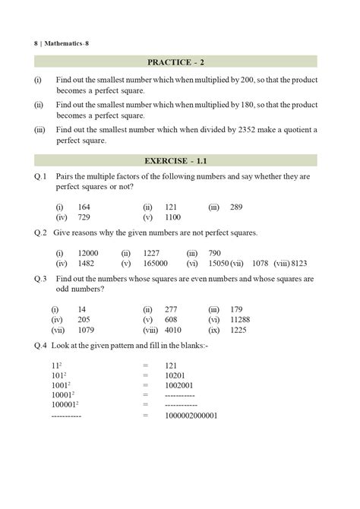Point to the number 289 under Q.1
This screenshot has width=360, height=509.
coord(235,206)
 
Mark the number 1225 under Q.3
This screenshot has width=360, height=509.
coord(237,330)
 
